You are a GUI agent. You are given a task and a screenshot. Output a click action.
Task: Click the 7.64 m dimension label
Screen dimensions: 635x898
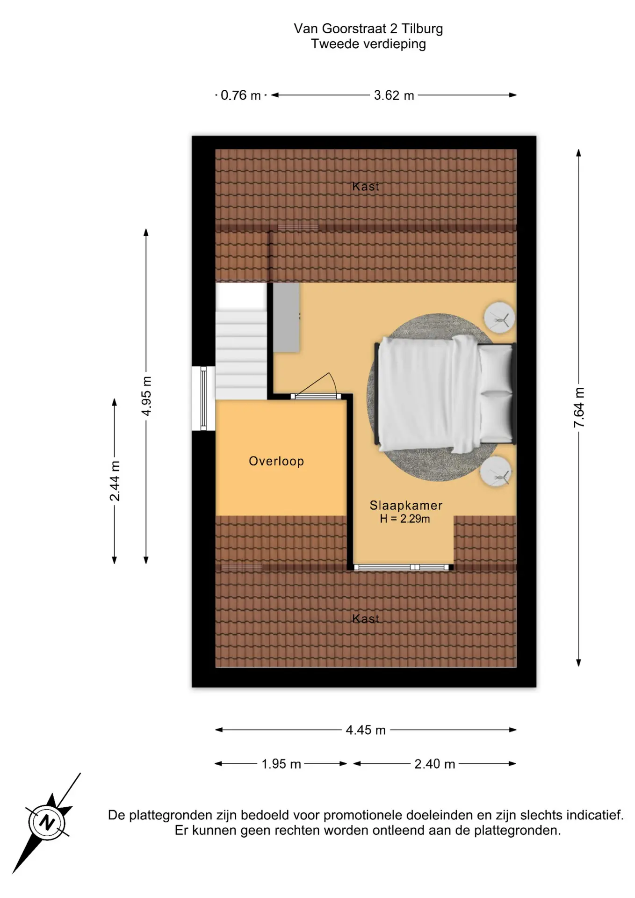click(579, 407)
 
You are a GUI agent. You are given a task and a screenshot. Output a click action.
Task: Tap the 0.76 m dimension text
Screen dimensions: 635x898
click(240, 95)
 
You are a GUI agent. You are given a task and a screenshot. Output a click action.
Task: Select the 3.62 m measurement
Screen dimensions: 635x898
click(394, 95)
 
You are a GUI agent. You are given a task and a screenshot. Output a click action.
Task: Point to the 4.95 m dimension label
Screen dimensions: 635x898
click(146, 396)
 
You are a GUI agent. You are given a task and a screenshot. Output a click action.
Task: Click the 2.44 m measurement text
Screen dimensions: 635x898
click(115, 481)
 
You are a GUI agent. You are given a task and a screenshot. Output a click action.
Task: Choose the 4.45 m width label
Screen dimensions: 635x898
click(366, 730)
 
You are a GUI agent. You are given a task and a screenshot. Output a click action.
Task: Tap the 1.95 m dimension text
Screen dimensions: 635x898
click(281, 764)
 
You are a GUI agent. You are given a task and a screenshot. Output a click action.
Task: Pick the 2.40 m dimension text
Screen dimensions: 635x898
click(434, 764)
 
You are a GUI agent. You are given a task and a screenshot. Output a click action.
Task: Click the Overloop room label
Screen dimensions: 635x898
click(276, 461)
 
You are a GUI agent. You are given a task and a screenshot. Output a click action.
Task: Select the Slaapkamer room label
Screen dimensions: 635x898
click(406, 505)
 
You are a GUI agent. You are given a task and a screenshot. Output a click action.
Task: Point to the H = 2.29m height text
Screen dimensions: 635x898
click(405, 519)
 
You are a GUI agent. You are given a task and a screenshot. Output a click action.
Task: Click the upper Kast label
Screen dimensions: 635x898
click(366, 186)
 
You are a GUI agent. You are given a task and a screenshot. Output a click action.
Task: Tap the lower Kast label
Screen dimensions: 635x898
click(366, 618)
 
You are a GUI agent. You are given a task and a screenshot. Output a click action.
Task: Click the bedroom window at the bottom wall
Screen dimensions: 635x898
click(401, 567)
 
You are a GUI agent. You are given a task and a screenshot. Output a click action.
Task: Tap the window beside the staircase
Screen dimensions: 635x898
click(203, 398)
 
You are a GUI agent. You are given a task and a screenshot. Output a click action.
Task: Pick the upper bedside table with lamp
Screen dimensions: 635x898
click(499, 318)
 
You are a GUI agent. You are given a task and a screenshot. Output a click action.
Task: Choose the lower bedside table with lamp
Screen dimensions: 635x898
click(496, 471)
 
